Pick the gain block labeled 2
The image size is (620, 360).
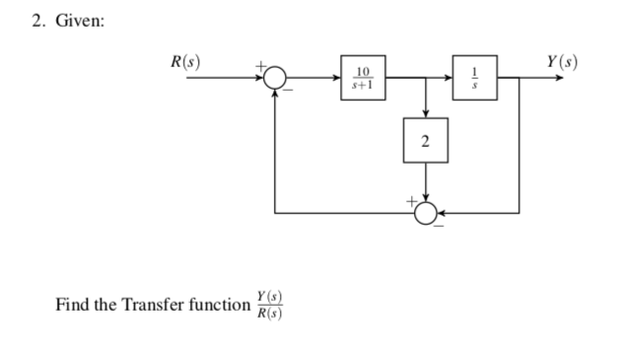[x=425, y=142]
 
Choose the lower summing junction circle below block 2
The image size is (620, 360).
[x=425, y=211]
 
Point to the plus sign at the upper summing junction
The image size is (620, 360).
[x=262, y=66]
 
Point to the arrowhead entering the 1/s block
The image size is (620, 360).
[x=449, y=77]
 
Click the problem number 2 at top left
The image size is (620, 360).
[x=35, y=24]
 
